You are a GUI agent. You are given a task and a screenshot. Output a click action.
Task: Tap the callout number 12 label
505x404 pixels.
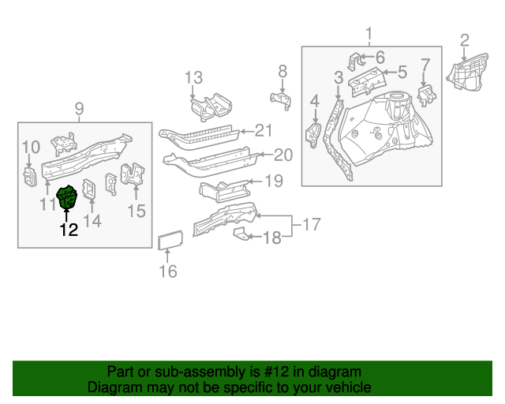69,230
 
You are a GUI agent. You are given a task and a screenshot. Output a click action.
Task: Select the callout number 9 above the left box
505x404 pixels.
79,109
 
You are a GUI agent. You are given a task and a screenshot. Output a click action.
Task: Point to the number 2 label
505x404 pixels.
465,39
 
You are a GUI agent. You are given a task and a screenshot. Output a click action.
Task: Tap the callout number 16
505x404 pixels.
168,272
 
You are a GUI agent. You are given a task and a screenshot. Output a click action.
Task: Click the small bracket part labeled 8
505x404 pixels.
281,98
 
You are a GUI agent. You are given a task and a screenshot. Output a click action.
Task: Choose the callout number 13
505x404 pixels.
194,77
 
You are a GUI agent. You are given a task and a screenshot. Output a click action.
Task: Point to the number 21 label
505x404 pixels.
263,131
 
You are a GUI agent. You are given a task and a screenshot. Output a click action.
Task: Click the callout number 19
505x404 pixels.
272,181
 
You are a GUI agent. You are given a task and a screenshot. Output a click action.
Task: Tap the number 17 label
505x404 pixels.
312,225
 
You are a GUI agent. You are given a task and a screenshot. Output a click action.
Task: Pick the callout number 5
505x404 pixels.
402,73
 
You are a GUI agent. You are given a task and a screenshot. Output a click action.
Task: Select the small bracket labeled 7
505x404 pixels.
427,94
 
